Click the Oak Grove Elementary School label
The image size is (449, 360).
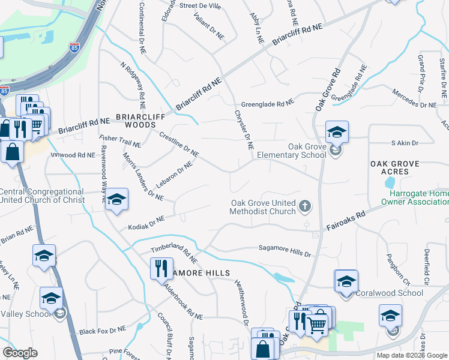[292, 151]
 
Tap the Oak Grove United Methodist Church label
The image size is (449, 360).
[264, 207]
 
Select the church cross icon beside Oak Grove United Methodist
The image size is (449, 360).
[305, 207]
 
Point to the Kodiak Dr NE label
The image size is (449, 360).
[146, 223]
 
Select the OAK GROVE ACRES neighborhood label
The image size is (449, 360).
[398, 167]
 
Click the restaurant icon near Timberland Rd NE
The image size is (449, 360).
[161, 268]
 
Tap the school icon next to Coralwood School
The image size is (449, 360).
[346, 281]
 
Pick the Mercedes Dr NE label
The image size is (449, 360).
[414, 100]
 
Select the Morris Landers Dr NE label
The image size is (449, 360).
[143, 178]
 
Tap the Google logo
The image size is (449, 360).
[20, 353]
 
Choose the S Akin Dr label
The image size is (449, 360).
[404, 143]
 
